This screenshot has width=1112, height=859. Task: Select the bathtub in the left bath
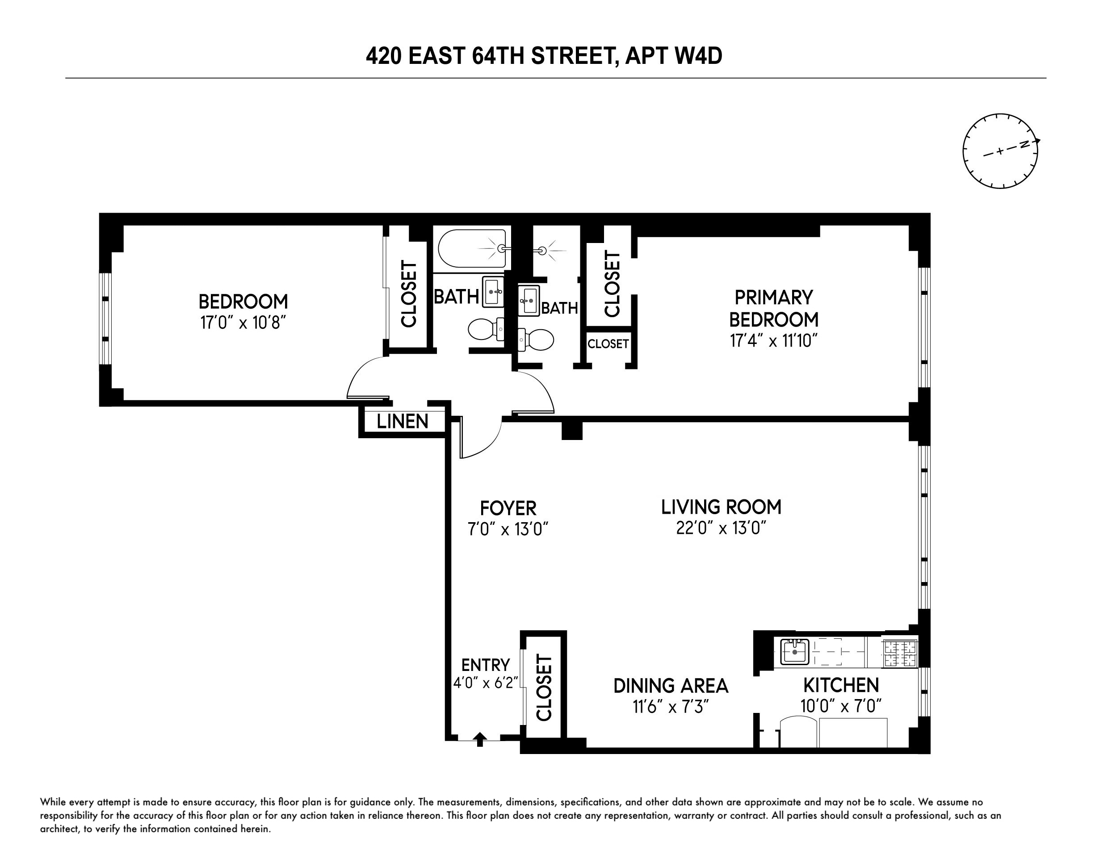471,248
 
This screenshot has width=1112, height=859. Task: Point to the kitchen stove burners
900,654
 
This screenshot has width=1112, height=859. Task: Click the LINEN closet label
402,422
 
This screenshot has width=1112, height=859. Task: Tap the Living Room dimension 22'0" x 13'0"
721,528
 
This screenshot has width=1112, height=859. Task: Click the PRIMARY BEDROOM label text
773,308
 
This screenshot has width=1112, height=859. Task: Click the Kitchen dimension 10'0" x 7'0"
841,706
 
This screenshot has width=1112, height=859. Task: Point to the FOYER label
508,508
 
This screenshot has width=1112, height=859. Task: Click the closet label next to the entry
544,687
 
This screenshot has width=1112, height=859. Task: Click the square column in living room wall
572,430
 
